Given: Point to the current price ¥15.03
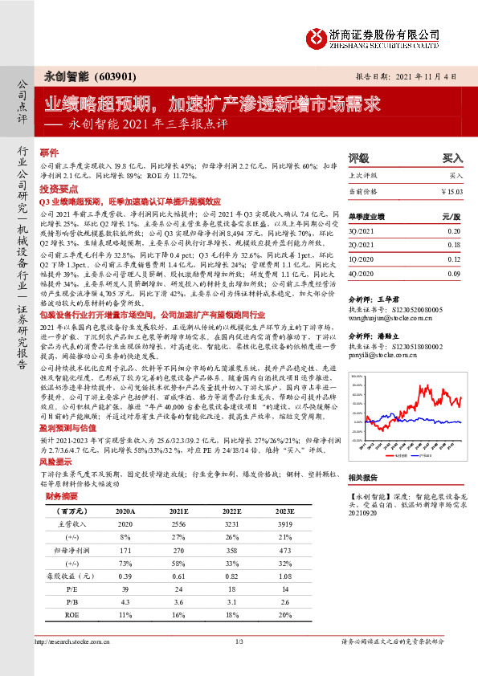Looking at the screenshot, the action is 452,191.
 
